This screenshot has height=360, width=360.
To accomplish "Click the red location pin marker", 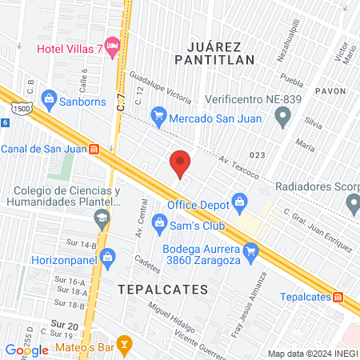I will point(180,163).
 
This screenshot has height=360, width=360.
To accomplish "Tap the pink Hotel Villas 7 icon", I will point(112,48).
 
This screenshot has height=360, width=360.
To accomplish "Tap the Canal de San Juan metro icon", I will point(94,149).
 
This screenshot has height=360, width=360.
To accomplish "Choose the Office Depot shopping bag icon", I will point(238,201).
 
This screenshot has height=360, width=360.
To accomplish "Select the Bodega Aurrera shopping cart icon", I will point(251,254).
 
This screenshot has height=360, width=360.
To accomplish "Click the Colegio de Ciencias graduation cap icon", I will point(102,218).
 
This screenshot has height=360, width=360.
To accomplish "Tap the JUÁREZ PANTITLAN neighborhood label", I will point(214,52).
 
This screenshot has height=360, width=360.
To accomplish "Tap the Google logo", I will point(27,350).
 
